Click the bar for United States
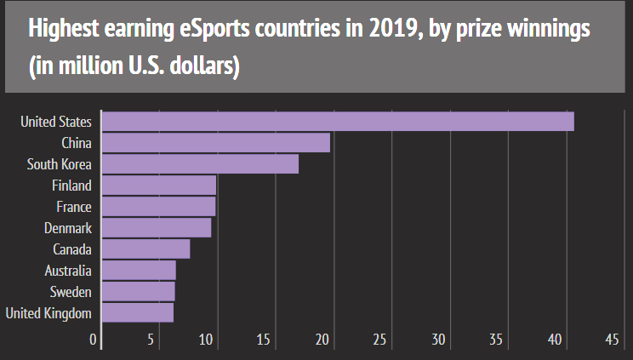point(338,122)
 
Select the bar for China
point(216,143)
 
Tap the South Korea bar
point(200,164)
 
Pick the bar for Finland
point(159,186)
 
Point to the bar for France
point(158,207)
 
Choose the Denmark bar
point(157,228)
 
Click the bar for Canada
point(145,249)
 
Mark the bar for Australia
point(139,271)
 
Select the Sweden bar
point(138,292)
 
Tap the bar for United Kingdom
point(138,313)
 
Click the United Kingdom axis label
point(48,313)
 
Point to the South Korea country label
point(60,164)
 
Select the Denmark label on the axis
point(68,228)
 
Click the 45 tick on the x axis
point(612,340)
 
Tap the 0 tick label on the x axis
point(94,340)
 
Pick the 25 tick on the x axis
point(380,340)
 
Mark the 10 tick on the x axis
point(208,340)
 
